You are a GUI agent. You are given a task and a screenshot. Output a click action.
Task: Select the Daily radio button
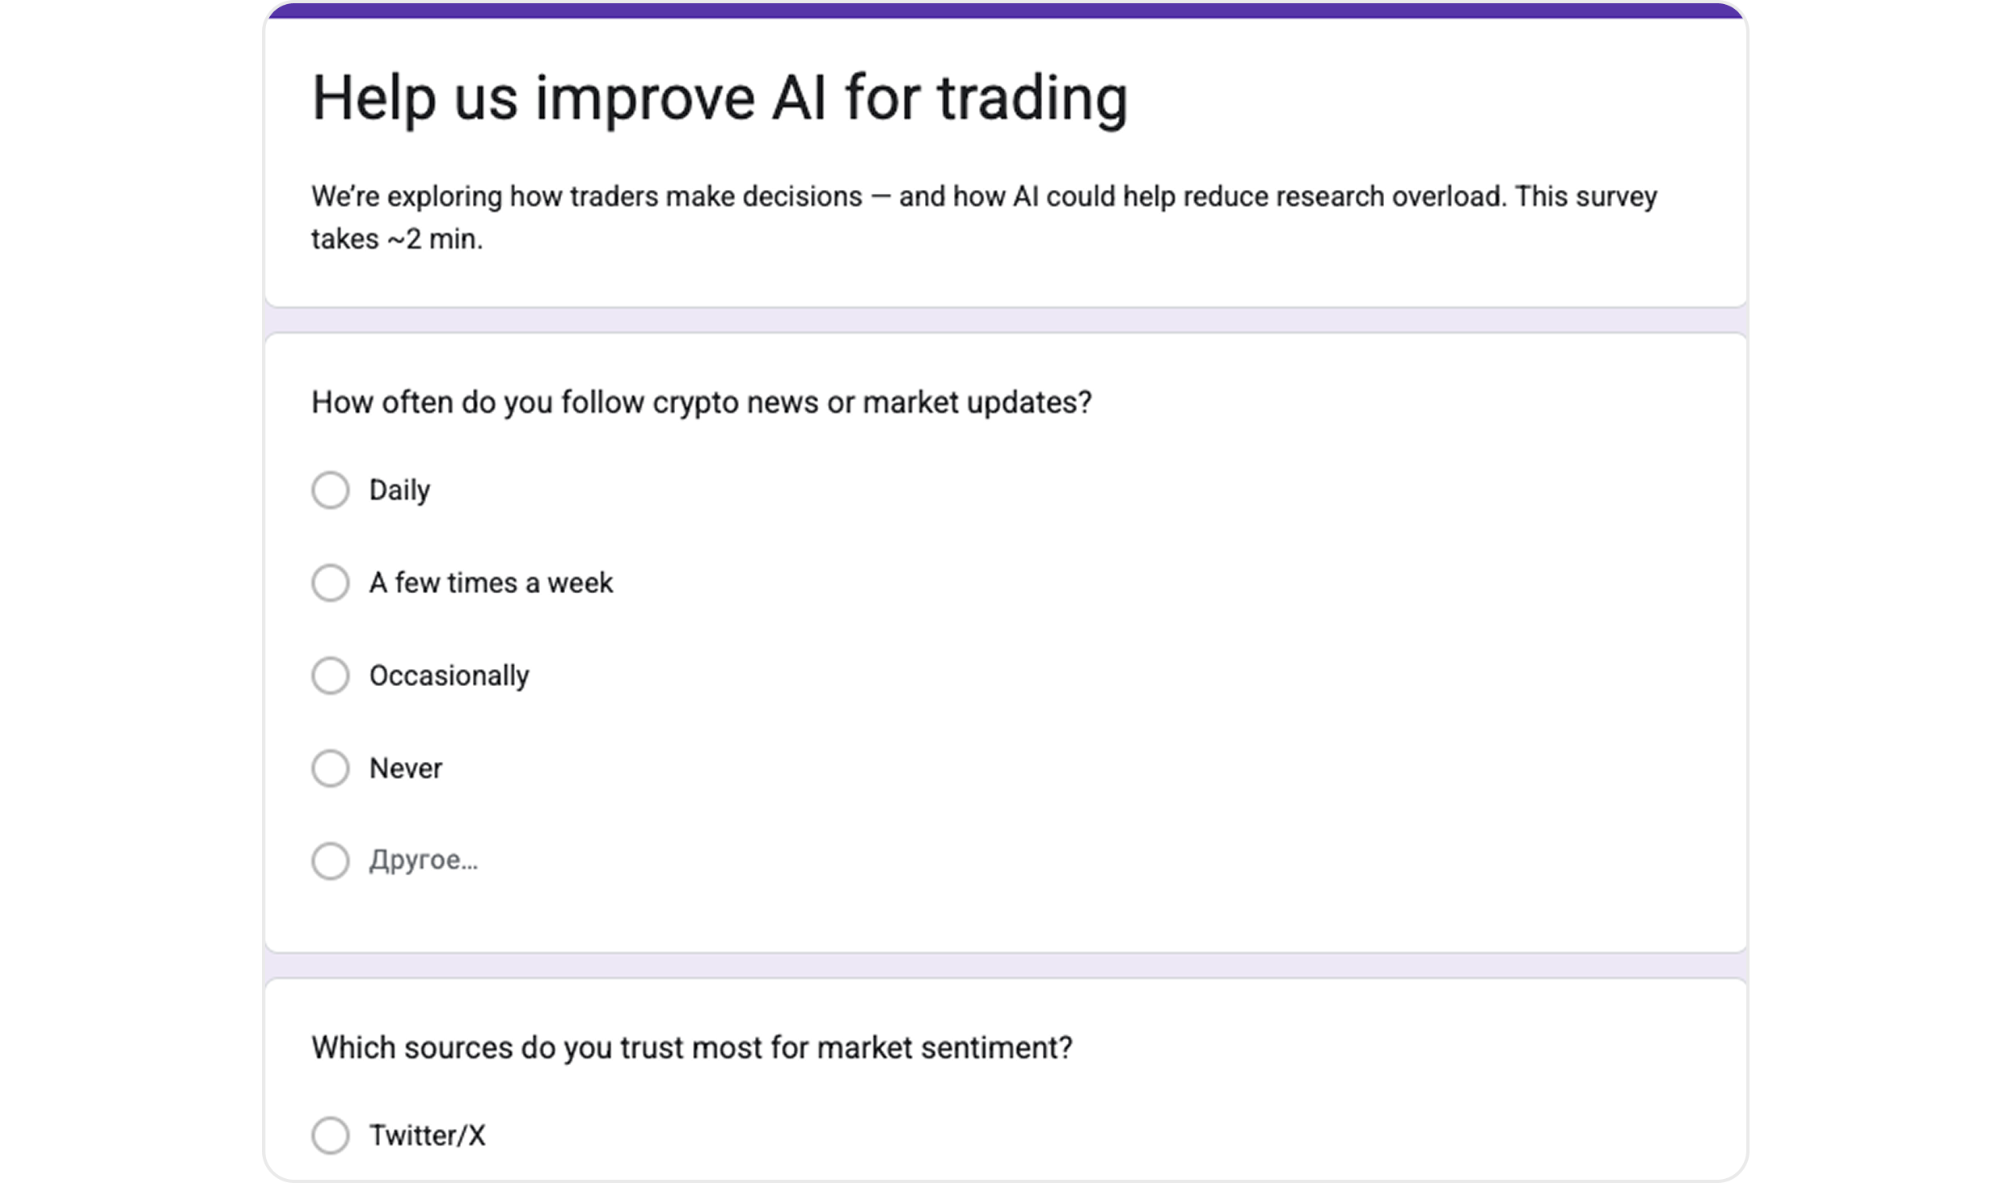click(331, 490)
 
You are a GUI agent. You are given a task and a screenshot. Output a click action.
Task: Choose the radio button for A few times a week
click(331, 583)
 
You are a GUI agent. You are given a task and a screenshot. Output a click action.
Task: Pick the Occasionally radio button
click(331, 676)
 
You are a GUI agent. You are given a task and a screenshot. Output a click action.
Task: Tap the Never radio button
click(331, 768)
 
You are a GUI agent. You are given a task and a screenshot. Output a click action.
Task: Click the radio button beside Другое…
click(331, 861)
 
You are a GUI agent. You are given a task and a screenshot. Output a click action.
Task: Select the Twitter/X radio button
click(331, 1135)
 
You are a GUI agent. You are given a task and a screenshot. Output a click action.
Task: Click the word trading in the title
click(1032, 99)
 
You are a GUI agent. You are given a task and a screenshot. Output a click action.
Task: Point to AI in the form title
click(798, 99)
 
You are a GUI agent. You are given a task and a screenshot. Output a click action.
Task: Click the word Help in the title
click(374, 99)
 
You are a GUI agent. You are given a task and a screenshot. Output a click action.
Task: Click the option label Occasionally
click(449, 676)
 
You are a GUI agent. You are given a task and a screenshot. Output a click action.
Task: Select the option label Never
click(406, 768)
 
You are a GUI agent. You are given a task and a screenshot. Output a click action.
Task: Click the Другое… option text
click(423, 861)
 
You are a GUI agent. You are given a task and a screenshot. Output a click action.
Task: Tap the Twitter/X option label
click(427, 1135)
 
